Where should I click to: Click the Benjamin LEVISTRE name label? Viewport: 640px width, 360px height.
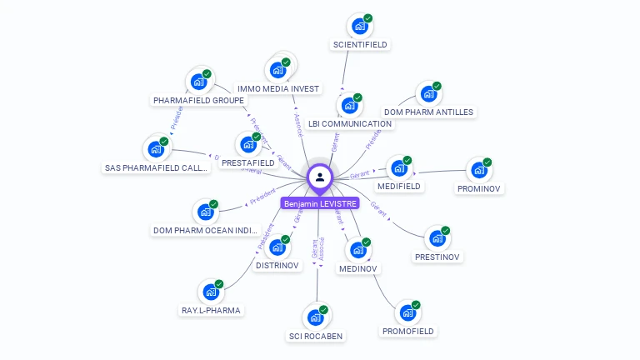pos(320,203)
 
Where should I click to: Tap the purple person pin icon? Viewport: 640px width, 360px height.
pos(320,177)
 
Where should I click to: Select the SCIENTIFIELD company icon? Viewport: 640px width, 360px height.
pos(359,27)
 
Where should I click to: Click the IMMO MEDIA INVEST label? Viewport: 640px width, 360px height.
pos(277,88)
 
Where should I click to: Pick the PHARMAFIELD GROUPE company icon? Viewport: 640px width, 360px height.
pos(198,82)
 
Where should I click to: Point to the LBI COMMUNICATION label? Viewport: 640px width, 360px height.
pos(349,124)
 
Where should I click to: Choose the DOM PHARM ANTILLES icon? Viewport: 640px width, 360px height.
pos(428,93)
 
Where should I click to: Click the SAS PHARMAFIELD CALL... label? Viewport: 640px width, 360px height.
pos(156,167)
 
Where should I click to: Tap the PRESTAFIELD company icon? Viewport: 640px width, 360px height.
pos(247,145)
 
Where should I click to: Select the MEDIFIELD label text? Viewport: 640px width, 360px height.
pos(398,187)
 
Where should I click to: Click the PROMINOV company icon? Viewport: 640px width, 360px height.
pos(478,170)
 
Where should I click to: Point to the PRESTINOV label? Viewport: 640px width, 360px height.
pos(437,257)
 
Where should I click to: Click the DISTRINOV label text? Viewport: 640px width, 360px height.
pos(277,266)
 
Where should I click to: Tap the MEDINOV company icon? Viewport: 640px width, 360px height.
pos(358,250)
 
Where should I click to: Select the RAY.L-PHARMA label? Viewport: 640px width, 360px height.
pos(211,311)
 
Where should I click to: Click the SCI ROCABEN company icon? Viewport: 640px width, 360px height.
pos(315,317)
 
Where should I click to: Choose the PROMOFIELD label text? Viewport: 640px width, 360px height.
pos(408,331)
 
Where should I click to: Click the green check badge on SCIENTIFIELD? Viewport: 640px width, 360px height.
pos(367,18)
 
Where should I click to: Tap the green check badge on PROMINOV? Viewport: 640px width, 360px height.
pos(487,162)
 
